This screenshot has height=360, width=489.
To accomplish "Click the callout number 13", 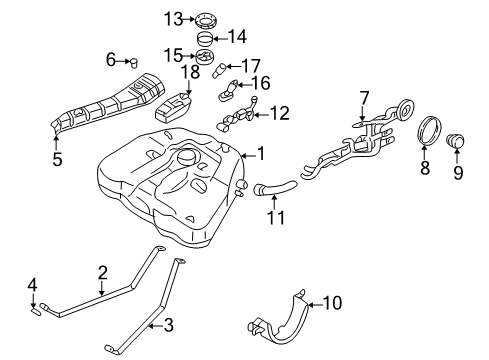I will tap(173, 18).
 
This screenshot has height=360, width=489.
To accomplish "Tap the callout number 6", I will tap(111, 61).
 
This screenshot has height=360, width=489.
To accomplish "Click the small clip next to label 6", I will tap(132, 62).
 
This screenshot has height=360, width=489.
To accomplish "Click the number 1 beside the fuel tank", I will tap(262, 153).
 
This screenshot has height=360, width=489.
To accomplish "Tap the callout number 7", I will tap(365, 97).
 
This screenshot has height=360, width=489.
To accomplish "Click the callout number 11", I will tap(272, 214).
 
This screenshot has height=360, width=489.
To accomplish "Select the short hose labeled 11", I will tap(273, 186).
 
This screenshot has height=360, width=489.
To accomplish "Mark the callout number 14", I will tap(238, 37).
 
